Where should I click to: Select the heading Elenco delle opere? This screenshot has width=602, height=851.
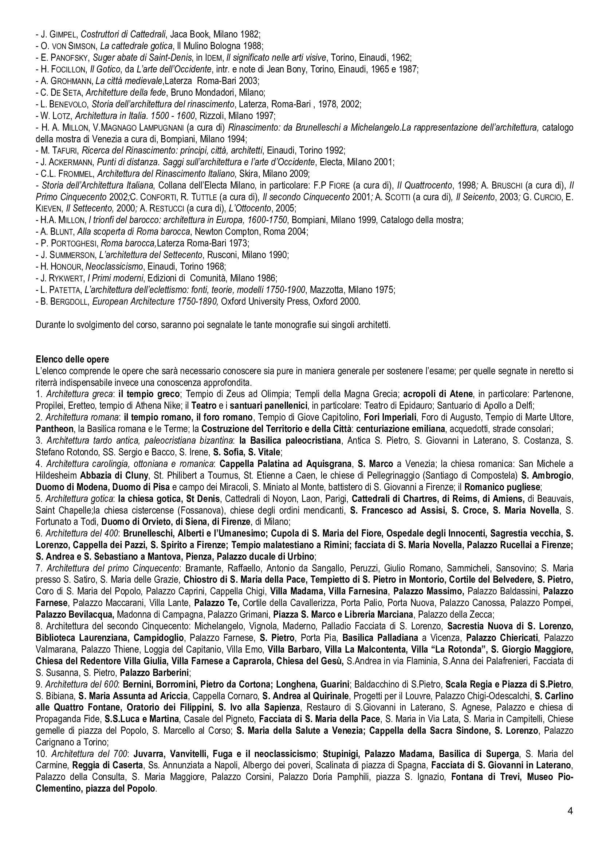[72, 359]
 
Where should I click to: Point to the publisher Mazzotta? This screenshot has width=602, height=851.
[326, 289]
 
